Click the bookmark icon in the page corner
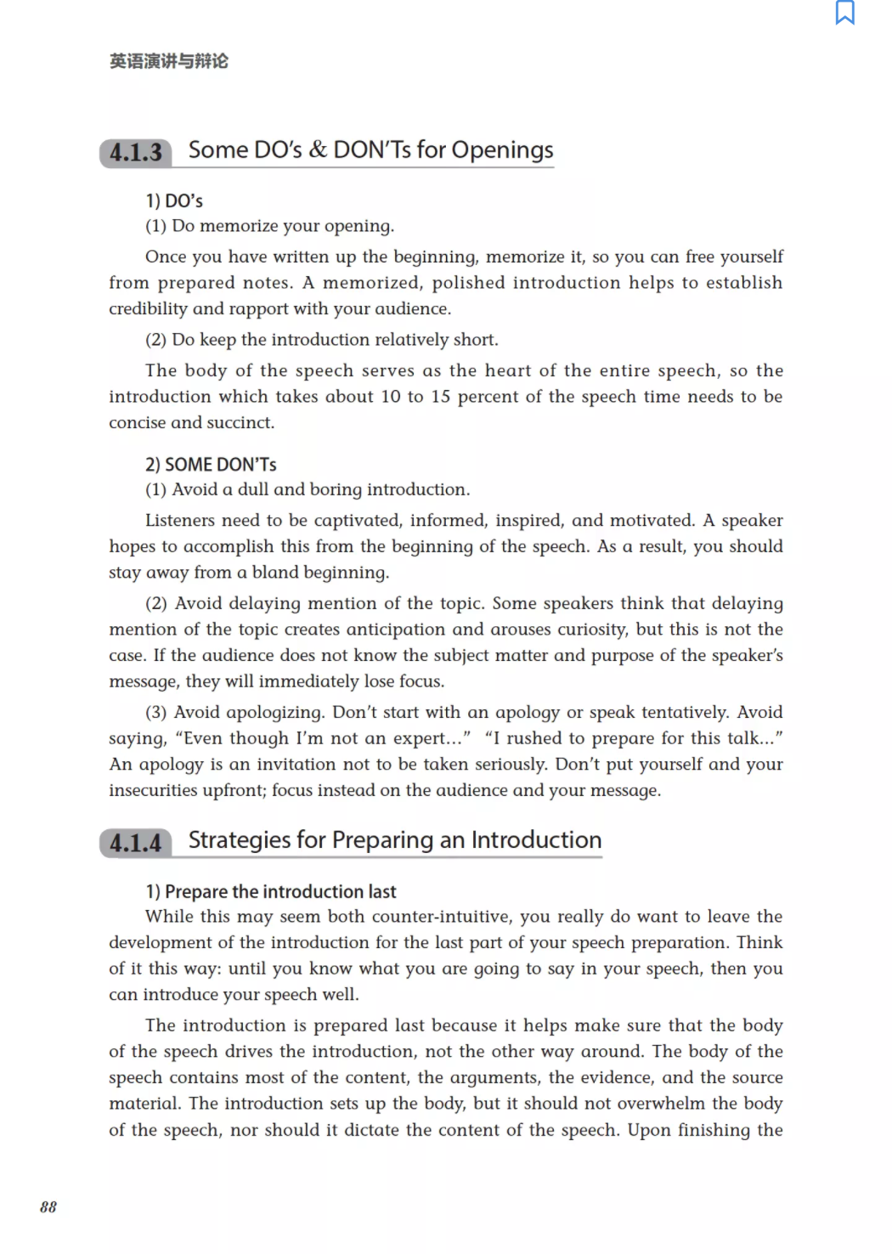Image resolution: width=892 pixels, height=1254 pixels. pyautogui.click(x=844, y=13)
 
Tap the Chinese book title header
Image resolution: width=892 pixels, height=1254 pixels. pyautogui.click(x=168, y=61)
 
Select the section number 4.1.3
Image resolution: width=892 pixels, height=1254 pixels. pyautogui.click(x=136, y=153)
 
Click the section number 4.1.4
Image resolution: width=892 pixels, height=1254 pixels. pyautogui.click(x=136, y=844)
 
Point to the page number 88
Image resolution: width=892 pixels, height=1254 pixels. pyautogui.click(x=48, y=1207)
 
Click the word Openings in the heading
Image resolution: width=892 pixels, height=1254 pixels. pyautogui.click(x=502, y=150)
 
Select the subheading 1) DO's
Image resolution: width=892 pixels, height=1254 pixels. pyautogui.click(x=174, y=201)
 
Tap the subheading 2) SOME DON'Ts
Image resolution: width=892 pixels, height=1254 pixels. pyautogui.click(x=211, y=465)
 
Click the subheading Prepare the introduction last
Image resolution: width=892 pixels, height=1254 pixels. pyautogui.click(x=280, y=892)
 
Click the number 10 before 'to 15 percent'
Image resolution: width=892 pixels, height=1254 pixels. pyautogui.click(x=391, y=397)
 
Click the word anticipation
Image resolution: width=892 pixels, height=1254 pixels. pyautogui.click(x=368, y=630)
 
